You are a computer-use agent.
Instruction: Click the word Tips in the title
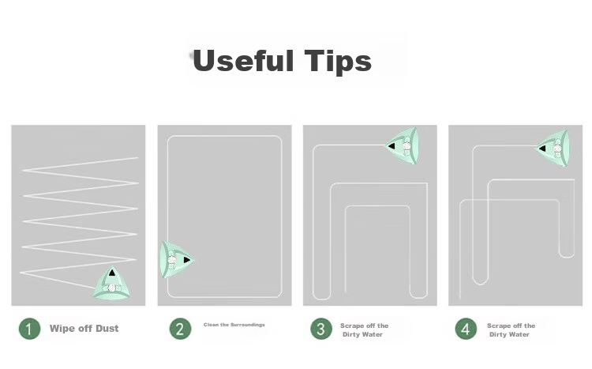click(339, 61)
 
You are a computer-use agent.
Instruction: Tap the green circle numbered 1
click(29, 329)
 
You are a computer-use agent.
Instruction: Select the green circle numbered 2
click(180, 329)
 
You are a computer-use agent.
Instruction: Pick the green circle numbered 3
click(321, 329)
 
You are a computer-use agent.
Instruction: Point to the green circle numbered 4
click(466, 329)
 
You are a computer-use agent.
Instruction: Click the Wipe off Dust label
click(84, 328)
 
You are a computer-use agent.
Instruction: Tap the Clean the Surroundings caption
click(234, 325)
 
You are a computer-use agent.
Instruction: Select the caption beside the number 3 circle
click(364, 329)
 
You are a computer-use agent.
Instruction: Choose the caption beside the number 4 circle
click(511, 329)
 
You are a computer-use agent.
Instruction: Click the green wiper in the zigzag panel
click(111, 284)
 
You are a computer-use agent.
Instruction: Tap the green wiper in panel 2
click(176, 260)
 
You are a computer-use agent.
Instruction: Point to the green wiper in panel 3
click(403, 145)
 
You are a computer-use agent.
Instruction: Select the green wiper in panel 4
click(553, 148)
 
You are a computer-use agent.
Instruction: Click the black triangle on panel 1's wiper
click(112, 273)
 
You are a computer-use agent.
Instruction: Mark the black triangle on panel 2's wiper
click(187, 260)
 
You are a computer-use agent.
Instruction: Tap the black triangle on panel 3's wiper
click(392, 146)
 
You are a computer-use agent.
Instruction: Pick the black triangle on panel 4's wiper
click(542, 149)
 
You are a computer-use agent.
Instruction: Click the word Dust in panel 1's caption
click(107, 328)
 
